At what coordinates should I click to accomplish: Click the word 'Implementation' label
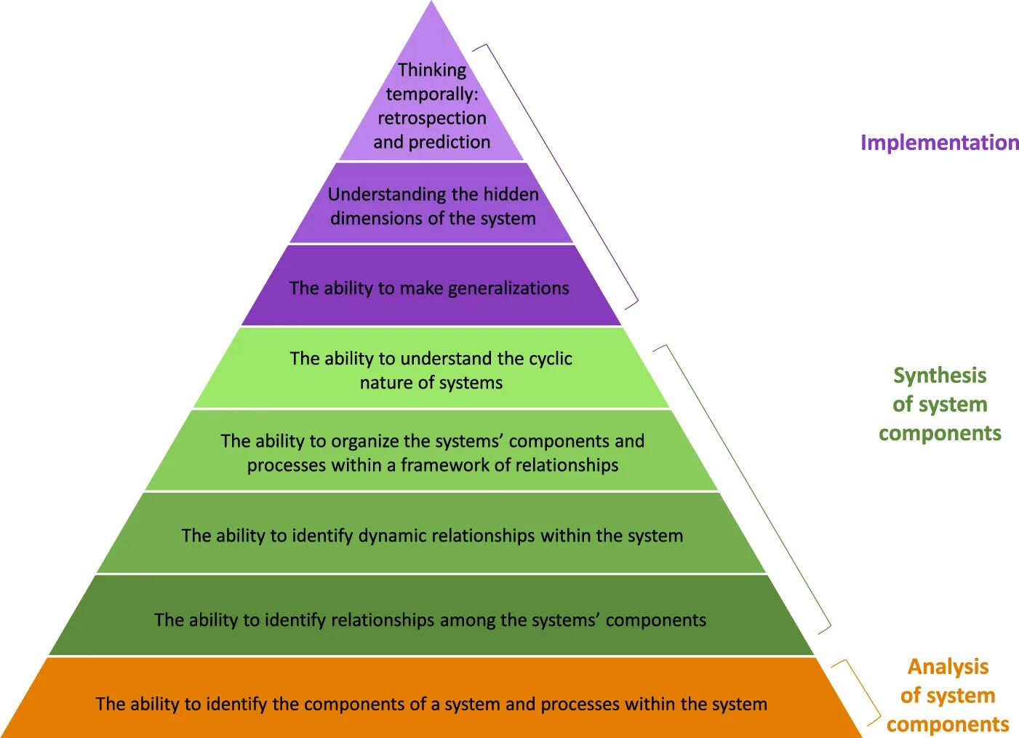coord(939,143)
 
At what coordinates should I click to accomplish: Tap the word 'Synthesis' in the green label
coord(940,376)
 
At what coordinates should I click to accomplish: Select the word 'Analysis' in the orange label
coord(948,667)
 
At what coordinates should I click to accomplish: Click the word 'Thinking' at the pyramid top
coord(432,71)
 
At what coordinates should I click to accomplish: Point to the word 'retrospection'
coord(432,118)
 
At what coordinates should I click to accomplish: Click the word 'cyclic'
coord(550,358)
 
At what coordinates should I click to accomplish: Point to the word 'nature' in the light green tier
coord(387,383)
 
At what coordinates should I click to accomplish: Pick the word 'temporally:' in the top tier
coord(432,95)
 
